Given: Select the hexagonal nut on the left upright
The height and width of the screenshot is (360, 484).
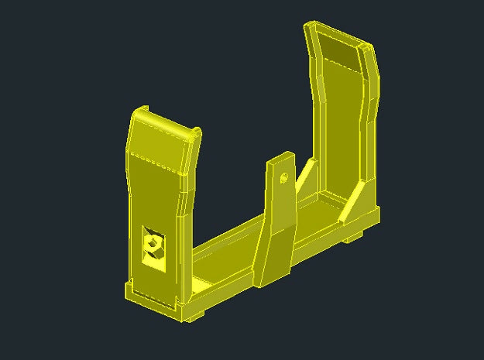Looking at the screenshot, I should coord(154,245).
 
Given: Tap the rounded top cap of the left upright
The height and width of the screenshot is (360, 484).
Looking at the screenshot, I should coord(162,124).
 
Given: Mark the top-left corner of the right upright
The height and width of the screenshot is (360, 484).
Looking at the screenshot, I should coord(307,26).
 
